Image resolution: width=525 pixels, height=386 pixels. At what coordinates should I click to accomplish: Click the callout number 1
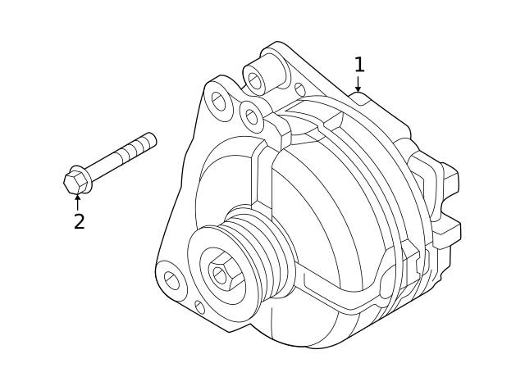pos(358,64)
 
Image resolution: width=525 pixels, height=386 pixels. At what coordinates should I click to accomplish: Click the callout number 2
pos(79,220)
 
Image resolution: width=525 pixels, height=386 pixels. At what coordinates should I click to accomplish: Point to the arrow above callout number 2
pos(78,199)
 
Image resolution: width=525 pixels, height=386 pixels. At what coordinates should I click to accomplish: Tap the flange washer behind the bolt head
pos(84,177)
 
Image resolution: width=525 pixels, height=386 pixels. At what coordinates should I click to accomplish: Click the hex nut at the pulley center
pos(220,273)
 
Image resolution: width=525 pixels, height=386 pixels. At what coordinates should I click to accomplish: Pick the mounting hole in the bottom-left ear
pos(171,281)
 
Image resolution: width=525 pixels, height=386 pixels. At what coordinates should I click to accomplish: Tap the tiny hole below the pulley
pos(199,307)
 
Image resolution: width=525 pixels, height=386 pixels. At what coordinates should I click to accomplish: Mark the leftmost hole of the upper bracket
pos(218,101)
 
